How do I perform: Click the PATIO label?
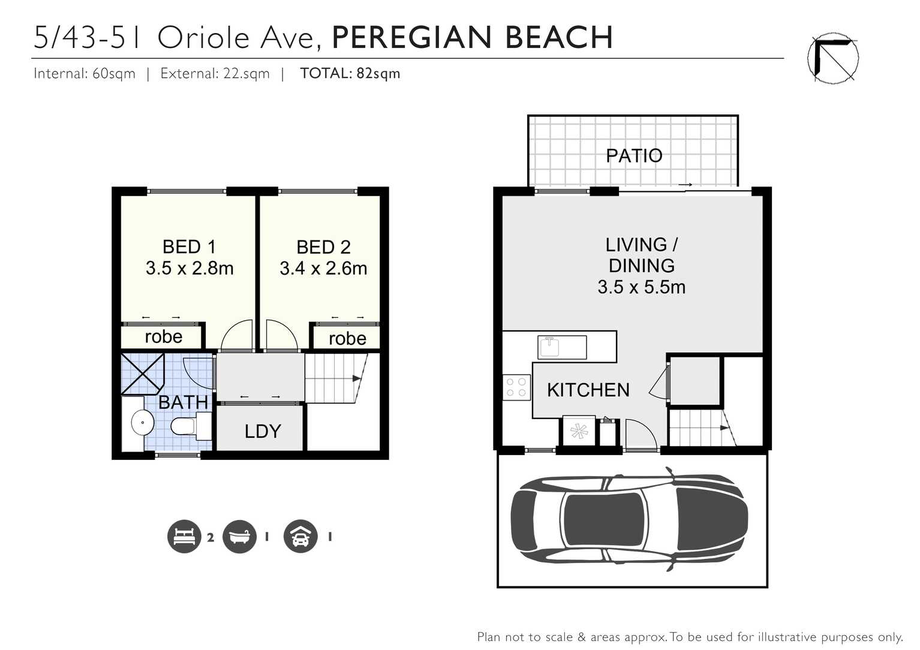634,156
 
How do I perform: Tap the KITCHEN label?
588,390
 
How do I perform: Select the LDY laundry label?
263,431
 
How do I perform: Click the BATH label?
183,402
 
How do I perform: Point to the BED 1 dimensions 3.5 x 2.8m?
190,269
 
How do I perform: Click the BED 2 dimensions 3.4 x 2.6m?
323,269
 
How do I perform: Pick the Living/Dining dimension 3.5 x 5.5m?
641,287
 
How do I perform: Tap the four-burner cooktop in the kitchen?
516,387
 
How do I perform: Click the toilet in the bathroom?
186,426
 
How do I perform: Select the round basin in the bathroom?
143,423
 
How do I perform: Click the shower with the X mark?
142,374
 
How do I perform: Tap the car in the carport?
629,519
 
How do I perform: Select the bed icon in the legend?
184,536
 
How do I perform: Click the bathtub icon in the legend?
239,536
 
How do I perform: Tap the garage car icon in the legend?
300,536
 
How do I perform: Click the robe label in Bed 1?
163,337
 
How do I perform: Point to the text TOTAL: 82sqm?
350,74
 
